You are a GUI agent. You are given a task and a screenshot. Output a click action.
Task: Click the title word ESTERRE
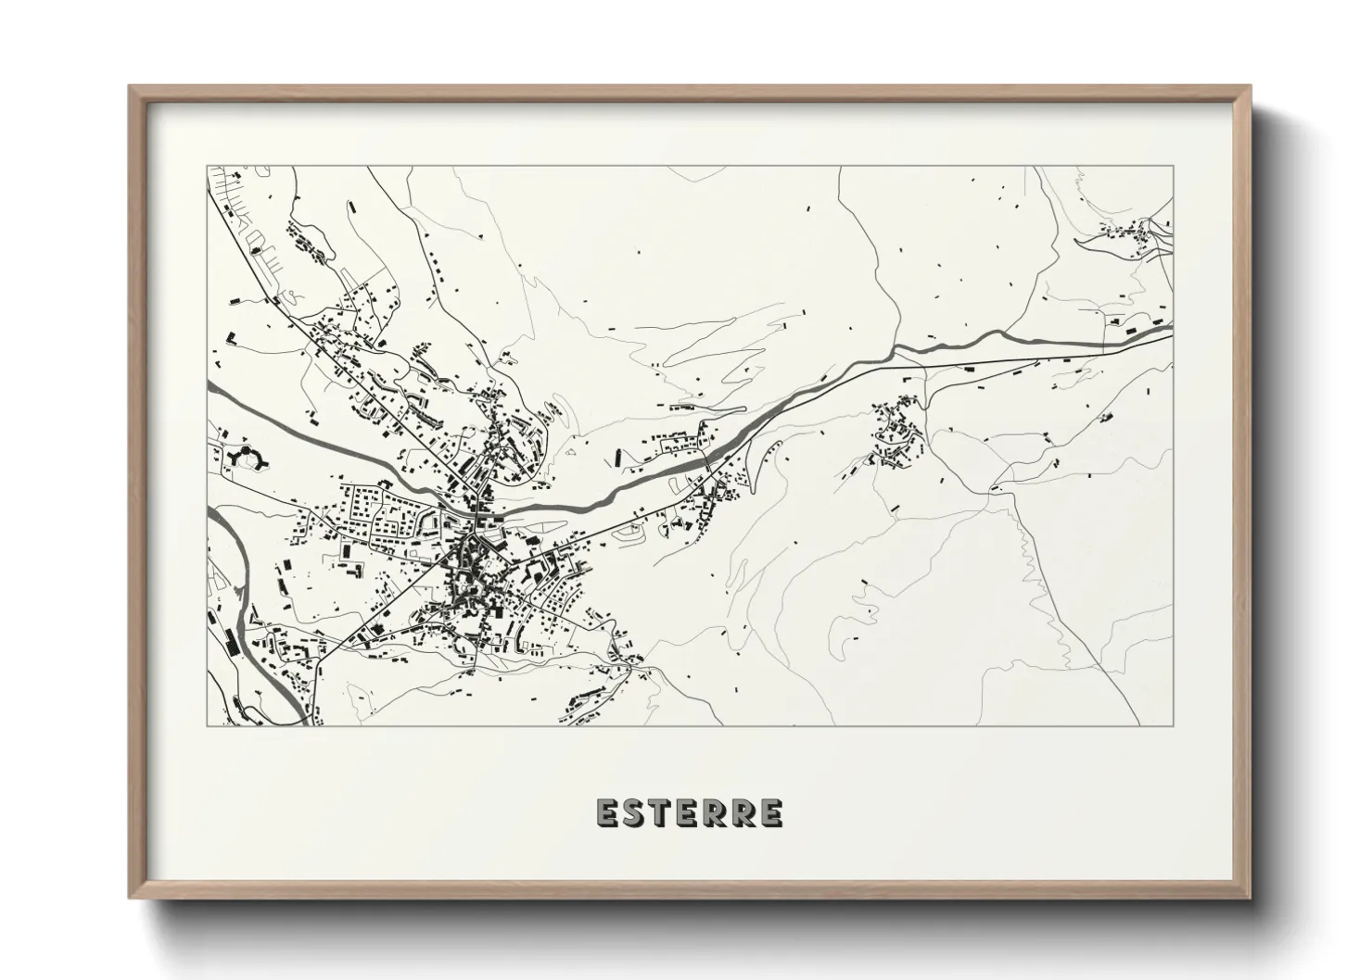click(690, 813)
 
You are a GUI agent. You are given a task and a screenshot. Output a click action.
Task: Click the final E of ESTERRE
click(770, 813)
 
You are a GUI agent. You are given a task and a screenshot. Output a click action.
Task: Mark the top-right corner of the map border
click(1173, 167)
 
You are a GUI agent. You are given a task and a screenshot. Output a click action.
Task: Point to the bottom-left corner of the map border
click(207, 724)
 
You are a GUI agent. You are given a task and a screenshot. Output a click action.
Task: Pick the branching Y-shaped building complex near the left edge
click(247, 456)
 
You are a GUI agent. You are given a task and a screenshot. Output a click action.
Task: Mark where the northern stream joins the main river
click(896, 349)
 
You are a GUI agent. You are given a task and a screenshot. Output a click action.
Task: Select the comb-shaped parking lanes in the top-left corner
click(252, 232)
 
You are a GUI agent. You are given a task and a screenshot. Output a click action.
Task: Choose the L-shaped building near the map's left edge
click(235, 337)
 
